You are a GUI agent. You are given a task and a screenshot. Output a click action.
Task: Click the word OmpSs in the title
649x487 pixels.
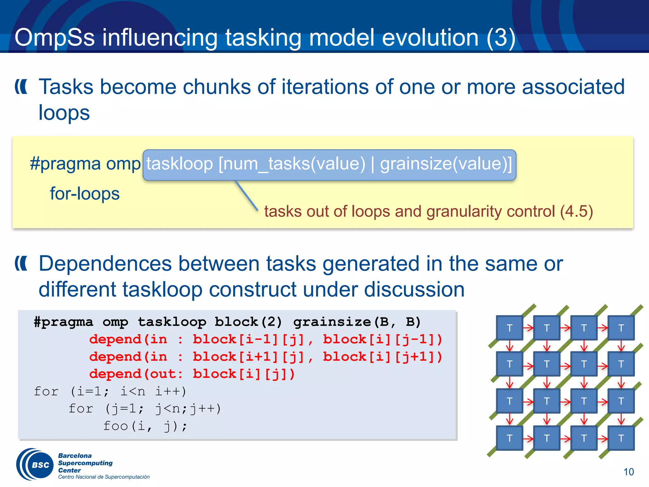[x=55, y=37]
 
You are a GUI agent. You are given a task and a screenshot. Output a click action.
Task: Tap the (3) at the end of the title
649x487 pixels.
[x=501, y=37]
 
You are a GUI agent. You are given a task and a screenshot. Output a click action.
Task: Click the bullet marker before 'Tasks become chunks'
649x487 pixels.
[x=21, y=87]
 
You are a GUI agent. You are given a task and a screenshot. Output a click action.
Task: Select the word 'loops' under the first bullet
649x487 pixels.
[x=64, y=113]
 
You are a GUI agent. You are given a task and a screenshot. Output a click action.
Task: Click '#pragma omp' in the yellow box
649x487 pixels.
[x=85, y=164]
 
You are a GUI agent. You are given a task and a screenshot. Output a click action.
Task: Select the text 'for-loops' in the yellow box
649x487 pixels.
[x=85, y=193]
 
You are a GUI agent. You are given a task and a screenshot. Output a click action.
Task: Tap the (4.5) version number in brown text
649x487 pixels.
[x=576, y=211]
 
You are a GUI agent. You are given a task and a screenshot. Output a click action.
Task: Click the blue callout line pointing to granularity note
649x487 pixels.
[x=247, y=195]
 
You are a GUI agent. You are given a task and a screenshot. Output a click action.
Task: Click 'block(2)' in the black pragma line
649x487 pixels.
[x=248, y=322]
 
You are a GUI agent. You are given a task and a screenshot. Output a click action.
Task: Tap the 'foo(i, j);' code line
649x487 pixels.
[x=145, y=426]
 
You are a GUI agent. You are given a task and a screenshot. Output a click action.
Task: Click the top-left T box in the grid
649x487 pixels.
[x=509, y=328]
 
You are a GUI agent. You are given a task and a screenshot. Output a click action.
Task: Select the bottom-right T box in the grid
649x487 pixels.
[x=621, y=438]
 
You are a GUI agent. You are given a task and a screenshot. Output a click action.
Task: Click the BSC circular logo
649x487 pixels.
[x=35, y=465]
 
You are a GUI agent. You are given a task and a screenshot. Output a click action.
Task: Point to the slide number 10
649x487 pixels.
[x=628, y=472]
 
